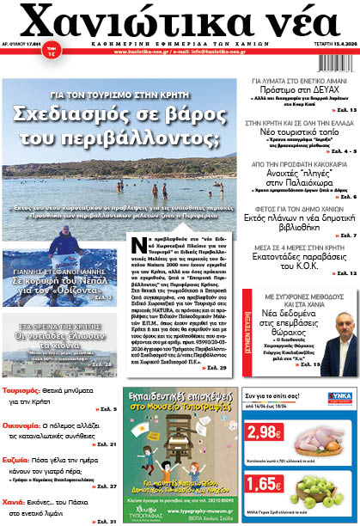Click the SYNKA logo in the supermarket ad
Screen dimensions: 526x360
[x=339, y=397]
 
